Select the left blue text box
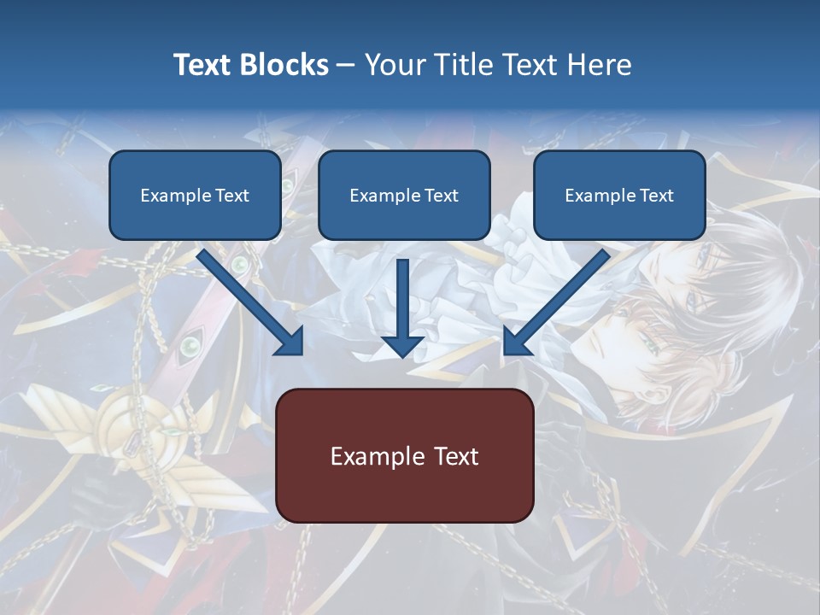pyautogui.click(x=195, y=195)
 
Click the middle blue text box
pyautogui.click(x=404, y=195)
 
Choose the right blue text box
pyautogui.click(x=619, y=195)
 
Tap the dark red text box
pyautogui.click(x=404, y=455)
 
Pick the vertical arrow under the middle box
pyautogui.click(x=402, y=307)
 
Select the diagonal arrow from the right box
pyautogui.click(x=556, y=302)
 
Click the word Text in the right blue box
pyautogui.click(x=655, y=196)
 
